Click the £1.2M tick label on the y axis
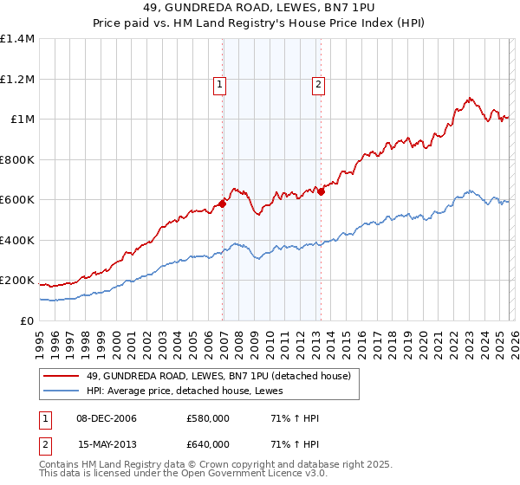point(16,79)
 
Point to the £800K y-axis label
point(16,159)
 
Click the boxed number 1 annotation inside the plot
point(220,84)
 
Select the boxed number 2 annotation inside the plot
point(318,84)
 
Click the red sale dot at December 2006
point(223,204)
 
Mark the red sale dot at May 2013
point(321,191)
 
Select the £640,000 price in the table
point(208,444)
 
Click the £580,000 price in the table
point(208,418)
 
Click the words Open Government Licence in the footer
point(234,475)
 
